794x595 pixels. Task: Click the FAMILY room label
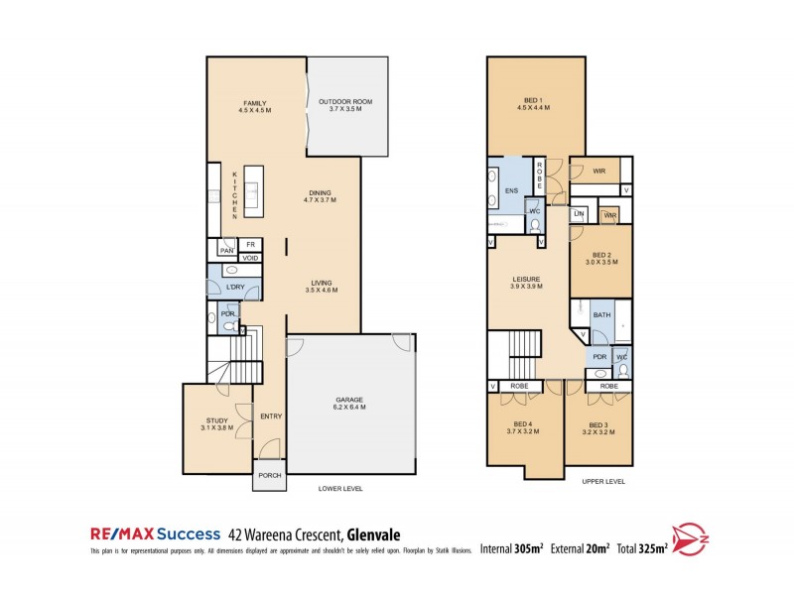tap(255, 106)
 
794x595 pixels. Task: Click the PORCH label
tap(270, 476)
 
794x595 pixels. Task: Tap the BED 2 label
tap(600, 258)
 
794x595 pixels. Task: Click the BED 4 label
tap(521, 427)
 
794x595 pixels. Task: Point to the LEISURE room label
tap(526, 283)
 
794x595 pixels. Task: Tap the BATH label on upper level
tap(601, 315)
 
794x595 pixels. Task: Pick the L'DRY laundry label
tap(235, 287)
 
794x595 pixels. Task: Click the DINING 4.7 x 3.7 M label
tap(320, 196)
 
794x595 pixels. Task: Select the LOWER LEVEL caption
tap(339, 489)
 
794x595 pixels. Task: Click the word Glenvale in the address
tap(372, 534)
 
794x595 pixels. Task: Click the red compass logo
tap(692, 538)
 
